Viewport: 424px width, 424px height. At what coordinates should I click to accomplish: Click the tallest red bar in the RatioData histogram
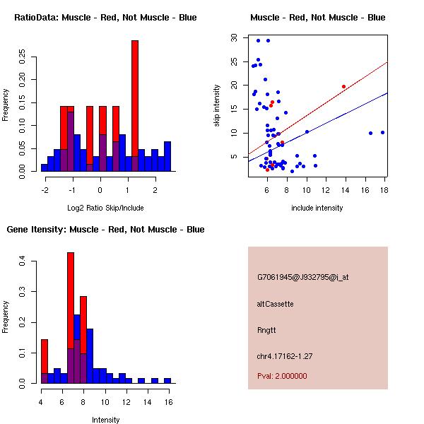(134, 106)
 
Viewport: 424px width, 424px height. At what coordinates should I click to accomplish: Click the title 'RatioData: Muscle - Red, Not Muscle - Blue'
(105, 17)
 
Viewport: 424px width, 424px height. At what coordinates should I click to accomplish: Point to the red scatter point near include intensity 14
(343, 86)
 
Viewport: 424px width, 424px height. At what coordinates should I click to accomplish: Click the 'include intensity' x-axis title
(317, 208)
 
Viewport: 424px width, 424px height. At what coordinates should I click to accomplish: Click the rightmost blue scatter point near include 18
(382, 132)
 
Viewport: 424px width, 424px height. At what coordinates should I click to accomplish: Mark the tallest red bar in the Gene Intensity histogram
(71, 318)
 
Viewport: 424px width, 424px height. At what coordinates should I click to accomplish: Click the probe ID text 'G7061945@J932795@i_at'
(303, 277)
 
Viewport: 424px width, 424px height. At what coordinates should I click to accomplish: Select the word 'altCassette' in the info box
(276, 304)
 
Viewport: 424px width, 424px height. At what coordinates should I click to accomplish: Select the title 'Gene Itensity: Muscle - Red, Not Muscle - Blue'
(105, 230)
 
